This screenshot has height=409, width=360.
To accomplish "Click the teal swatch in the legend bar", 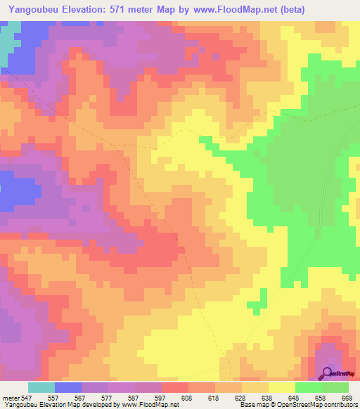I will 41,387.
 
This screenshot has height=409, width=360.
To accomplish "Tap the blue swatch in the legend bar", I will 68,387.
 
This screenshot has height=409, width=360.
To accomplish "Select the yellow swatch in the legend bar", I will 282,387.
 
